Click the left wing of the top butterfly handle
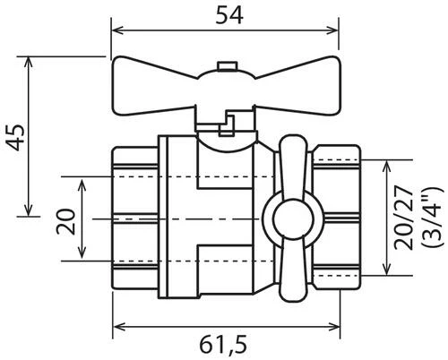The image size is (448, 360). pos(153,90)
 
